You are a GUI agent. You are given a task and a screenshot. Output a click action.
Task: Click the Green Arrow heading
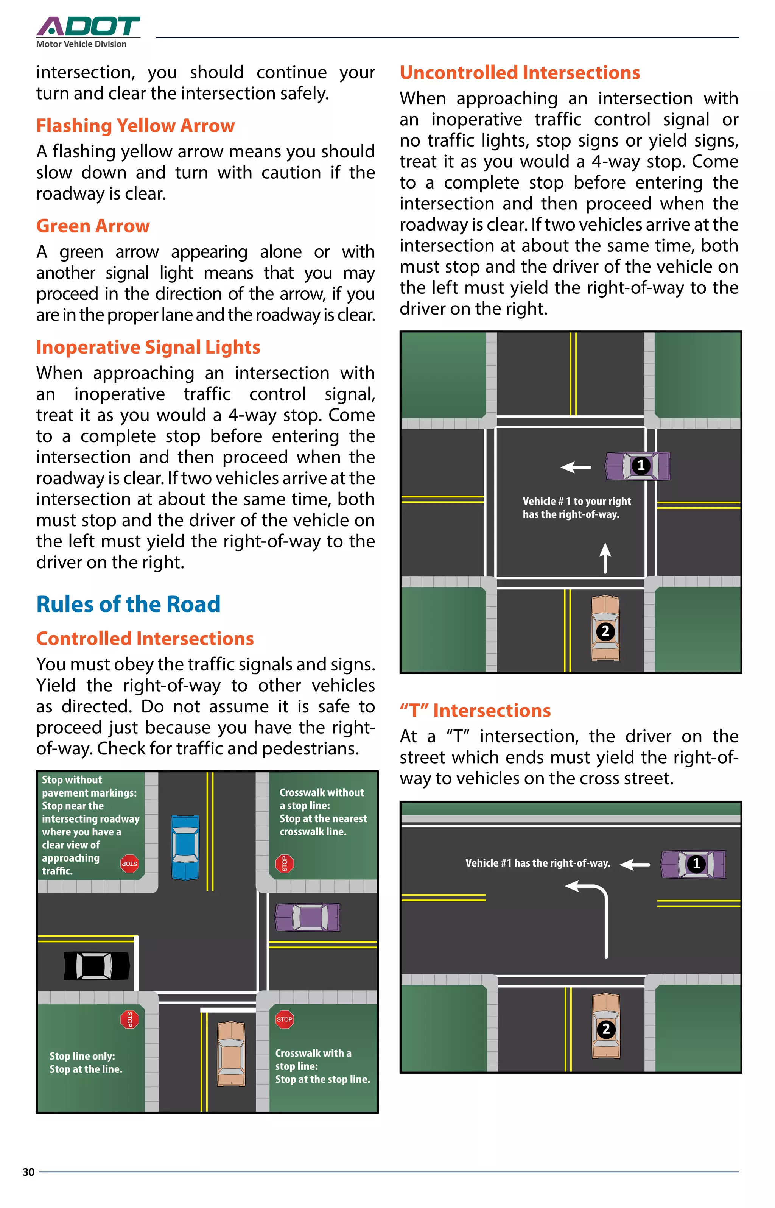coord(93,226)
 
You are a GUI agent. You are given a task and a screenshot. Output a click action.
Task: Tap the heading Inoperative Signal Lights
coord(148,347)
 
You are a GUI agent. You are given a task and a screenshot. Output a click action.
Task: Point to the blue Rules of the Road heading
coord(128,604)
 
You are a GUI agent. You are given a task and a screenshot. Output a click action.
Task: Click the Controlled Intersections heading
coord(145,638)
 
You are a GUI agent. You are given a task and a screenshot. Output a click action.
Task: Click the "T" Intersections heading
coord(475,710)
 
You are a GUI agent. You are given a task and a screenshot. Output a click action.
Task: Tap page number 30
coord(29,1172)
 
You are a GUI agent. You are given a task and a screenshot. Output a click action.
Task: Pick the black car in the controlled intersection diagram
coord(96,965)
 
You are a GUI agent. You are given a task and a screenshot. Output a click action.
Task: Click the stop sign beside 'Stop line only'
coord(129,1019)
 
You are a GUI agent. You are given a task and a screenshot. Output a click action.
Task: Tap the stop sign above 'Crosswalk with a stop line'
coord(284,1019)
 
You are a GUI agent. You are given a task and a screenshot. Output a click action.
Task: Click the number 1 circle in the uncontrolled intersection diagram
coord(641,465)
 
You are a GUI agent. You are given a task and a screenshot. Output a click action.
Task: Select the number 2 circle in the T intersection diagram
coord(606,1029)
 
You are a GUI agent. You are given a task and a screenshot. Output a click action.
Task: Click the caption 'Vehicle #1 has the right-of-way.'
coord(537,863)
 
